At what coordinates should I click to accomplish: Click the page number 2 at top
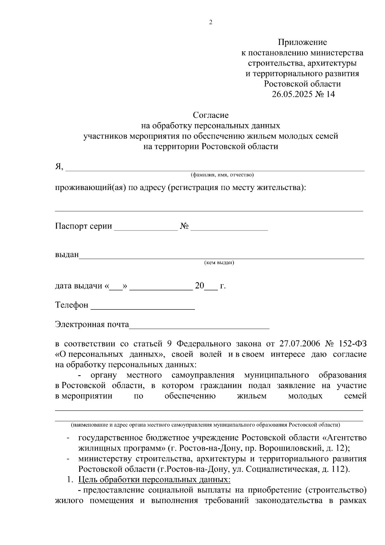tap(211, 22)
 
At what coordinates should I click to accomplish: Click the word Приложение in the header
tap(302, 42)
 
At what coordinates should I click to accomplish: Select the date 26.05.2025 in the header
tap(292, 94)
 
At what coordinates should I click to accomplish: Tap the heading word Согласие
tap(210, 115)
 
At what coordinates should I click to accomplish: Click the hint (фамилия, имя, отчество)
tap(222, 175)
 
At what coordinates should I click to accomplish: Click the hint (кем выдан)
tap(219, 263)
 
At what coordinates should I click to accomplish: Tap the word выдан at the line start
tap(67, 255)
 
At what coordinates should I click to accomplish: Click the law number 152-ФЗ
tap(353, 344)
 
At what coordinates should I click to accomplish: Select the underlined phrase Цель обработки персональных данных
tap(154, 480)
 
